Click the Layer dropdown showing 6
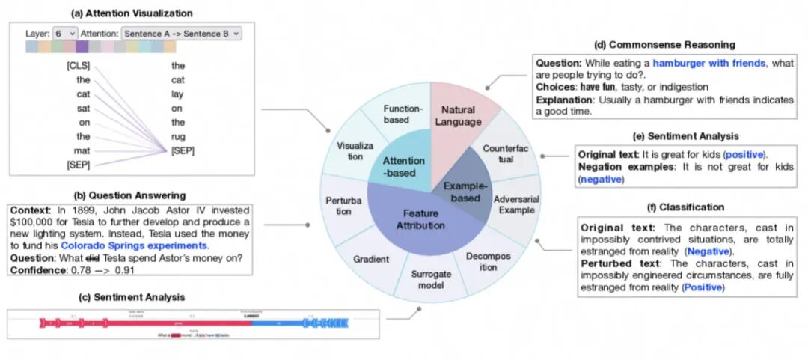(x=65, y=34)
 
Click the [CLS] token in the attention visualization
(x=78, y=66)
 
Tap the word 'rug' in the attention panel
(x=177, y=137)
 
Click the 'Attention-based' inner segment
(x=403, y=166)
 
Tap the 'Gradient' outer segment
(x=371, y=259)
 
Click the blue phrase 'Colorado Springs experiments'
(x=134, y=245)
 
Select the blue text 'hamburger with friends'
(x=709, y=64)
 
